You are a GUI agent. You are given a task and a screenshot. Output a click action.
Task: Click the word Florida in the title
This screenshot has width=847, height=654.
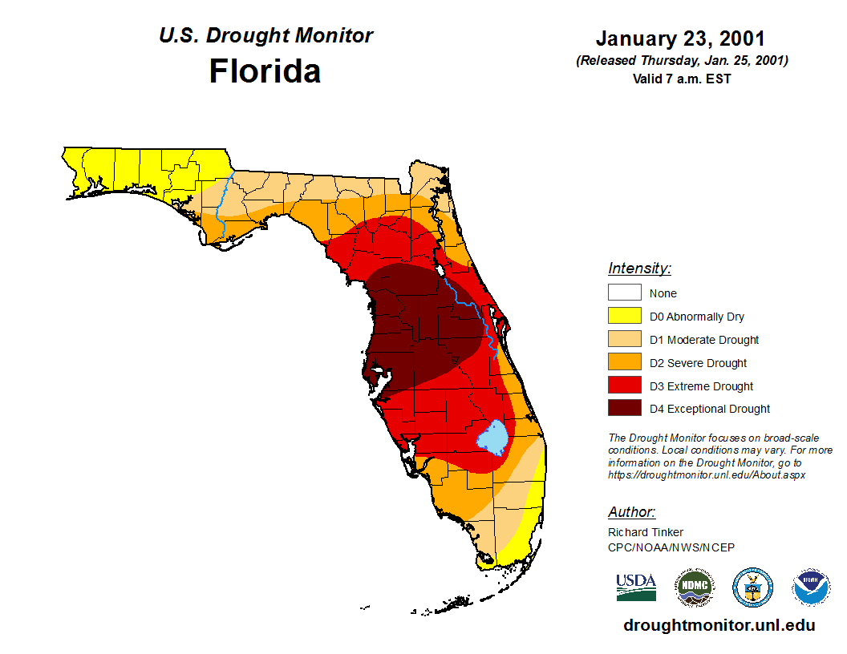(265, 71)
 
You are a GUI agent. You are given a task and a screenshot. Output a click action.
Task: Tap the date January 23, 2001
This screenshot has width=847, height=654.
(680, 38)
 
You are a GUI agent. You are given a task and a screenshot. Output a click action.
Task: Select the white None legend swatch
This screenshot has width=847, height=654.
(624, 293)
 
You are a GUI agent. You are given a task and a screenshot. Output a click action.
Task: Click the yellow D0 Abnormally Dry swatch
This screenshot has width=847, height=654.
(624, 317)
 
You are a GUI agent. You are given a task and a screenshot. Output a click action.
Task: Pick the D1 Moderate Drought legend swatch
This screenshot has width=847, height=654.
(624, 340)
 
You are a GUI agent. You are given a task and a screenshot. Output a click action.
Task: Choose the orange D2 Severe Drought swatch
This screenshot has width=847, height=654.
(624, 363)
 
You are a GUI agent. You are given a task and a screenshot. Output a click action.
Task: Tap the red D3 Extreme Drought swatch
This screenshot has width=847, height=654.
(624, 386)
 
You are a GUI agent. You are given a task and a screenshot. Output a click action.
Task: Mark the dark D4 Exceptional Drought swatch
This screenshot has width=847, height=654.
(624, 409)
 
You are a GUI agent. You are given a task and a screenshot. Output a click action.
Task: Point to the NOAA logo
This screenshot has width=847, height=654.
(811, 587)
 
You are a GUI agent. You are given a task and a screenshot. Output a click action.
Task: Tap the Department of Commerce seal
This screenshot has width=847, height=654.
(752, 587)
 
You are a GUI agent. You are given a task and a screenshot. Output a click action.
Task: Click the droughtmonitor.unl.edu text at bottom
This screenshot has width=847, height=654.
(719, 626)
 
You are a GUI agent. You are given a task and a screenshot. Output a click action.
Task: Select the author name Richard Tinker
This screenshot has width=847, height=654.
(646, 532)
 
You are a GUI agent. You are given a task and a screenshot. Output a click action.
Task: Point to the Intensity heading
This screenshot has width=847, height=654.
(639, 268)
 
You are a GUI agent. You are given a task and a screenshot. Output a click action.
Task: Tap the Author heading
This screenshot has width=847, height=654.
(631, 512)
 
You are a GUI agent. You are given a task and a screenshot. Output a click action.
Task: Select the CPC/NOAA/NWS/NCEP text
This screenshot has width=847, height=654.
(671, 547)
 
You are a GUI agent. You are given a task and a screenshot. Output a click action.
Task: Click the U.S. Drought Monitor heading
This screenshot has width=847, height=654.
(265, 36)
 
